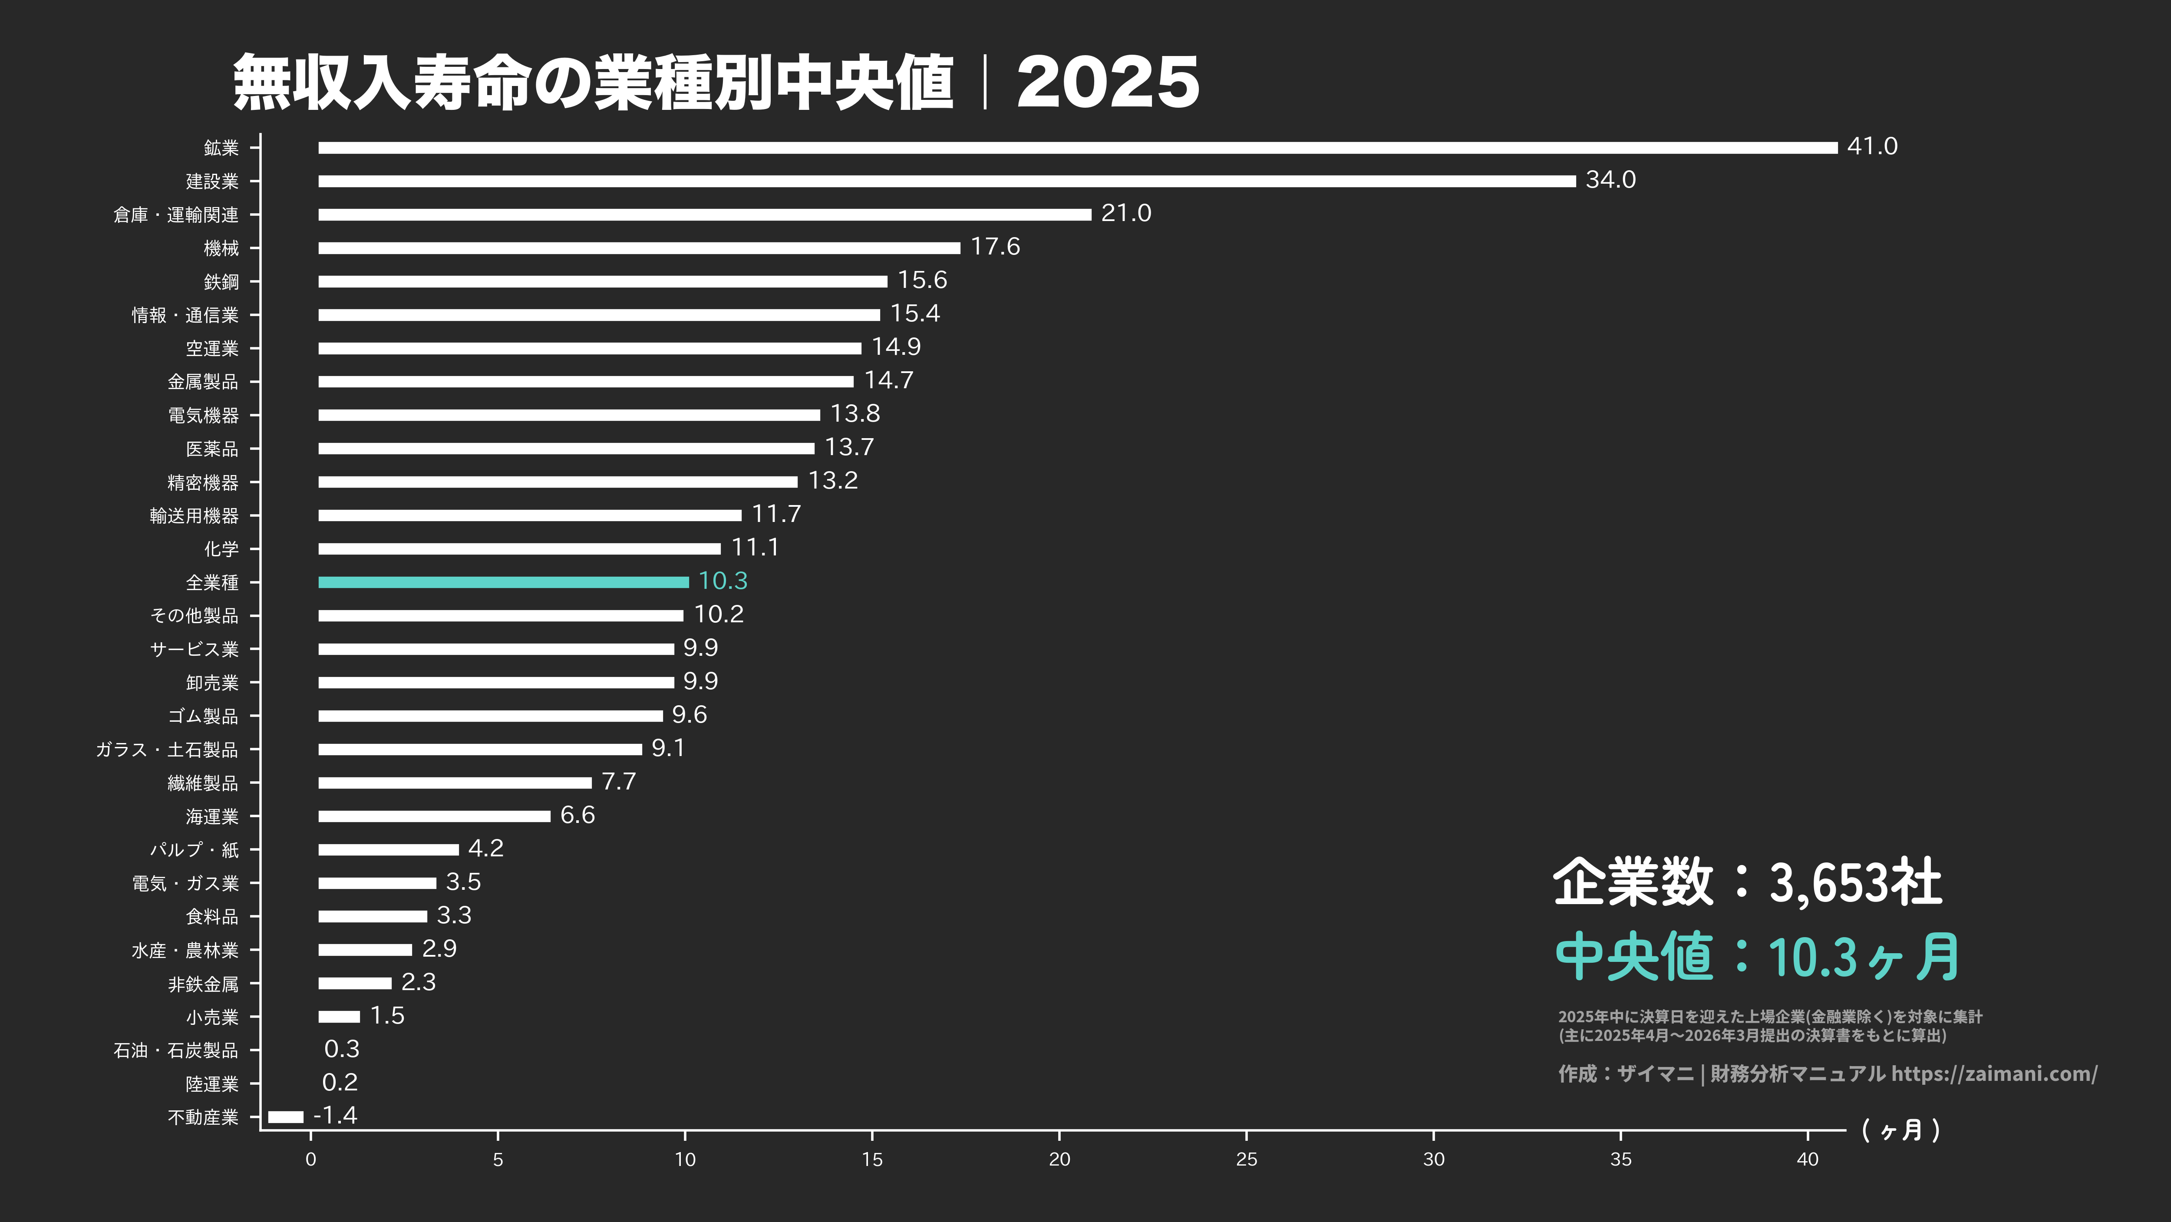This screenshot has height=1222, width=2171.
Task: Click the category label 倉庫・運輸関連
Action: pyautogui.click(x=176, y=215)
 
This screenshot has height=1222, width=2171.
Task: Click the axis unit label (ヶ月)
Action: pyautogui.click(x=1900, y=1130)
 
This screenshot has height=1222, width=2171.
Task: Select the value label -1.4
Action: pyautogui.click(x=336, y=1116)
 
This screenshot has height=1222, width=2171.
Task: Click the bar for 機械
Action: pyautogui.click(x=639, y=248)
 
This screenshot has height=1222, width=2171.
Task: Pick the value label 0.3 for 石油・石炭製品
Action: pyautogui.click(x=341, y=1049)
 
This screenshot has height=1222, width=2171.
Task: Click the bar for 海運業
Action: pyautogui.click(x=434, y=816)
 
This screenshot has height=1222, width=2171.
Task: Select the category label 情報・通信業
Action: pyautogui.click(x=185, y=315)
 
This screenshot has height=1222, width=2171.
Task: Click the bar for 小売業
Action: pyautogui.click(x=339, y=1016)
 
